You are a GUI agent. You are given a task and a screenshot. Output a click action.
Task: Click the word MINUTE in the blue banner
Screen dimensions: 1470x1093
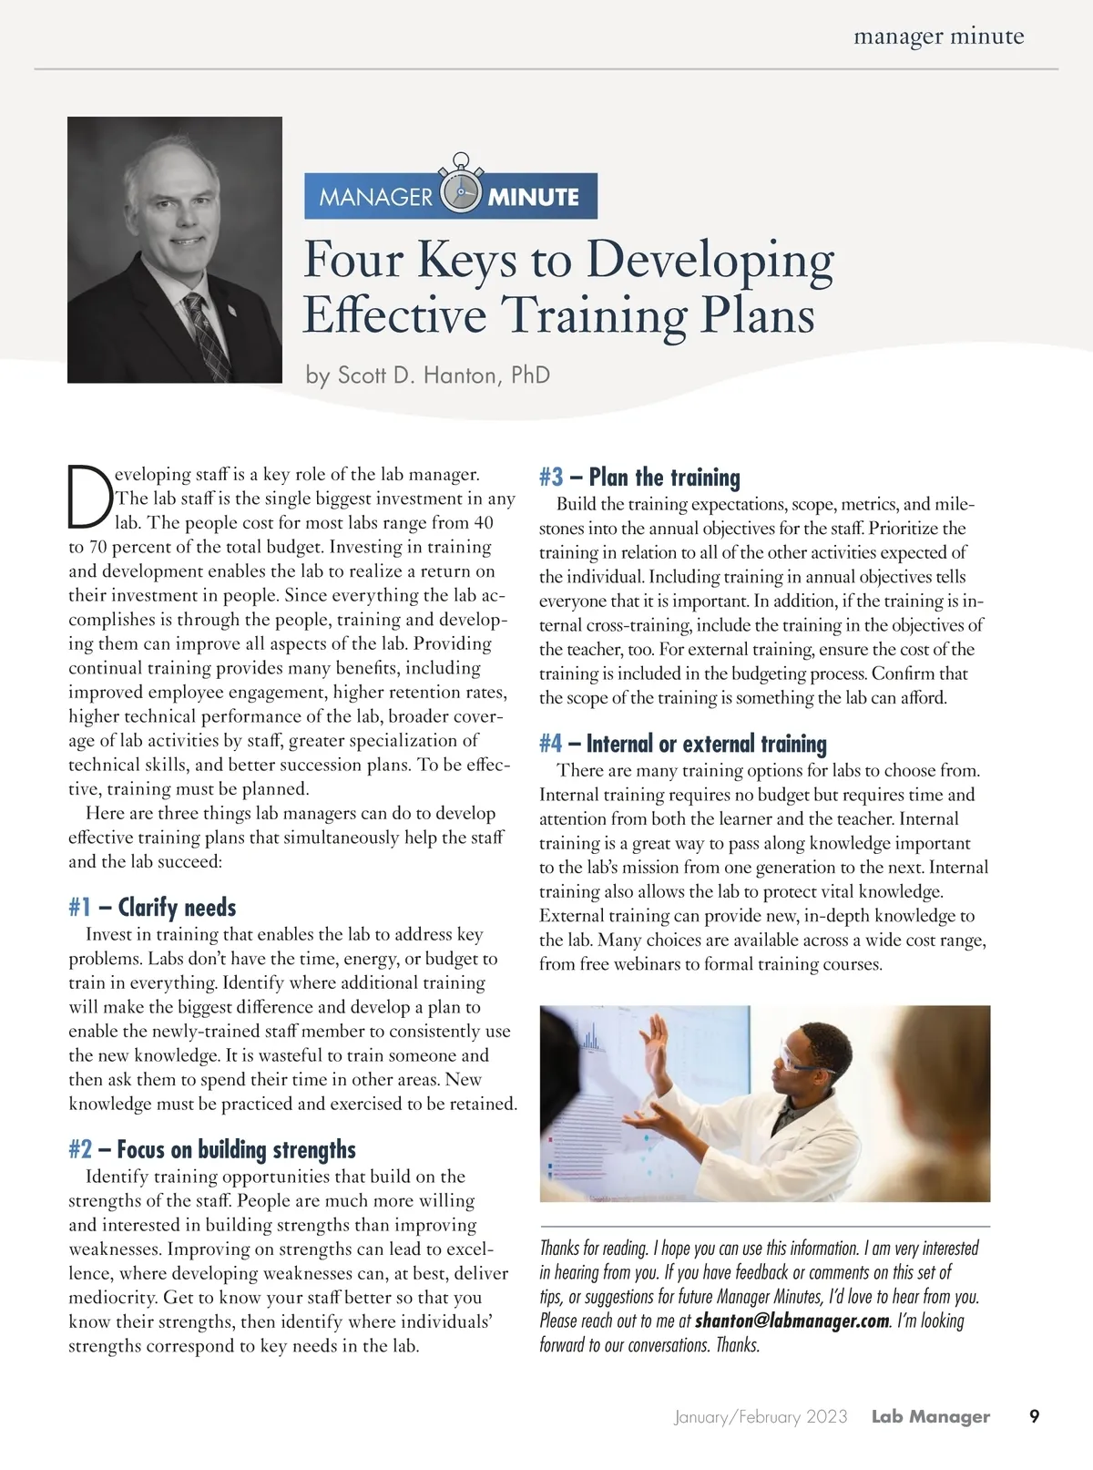[x=534, y=197]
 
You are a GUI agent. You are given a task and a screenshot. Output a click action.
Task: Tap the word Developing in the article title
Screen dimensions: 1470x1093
[x=710, y=260]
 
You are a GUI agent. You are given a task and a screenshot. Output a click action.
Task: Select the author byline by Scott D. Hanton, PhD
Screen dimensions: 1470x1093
[x=427, y=375]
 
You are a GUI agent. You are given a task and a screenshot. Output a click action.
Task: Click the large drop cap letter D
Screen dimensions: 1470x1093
[x=89, y=498]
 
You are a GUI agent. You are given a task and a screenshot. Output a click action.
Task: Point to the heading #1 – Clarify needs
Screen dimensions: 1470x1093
[x=152, y=908]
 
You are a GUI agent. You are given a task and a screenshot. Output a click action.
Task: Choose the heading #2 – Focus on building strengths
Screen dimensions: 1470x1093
[x=211, y=1150]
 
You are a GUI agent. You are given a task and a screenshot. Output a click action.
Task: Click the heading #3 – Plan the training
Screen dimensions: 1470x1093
[x=638, y=478]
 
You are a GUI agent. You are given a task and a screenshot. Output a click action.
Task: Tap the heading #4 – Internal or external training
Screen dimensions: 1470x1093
[x=682, y=744]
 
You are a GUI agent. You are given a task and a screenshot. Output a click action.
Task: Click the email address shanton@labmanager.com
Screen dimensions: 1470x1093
[x=792, y=1321]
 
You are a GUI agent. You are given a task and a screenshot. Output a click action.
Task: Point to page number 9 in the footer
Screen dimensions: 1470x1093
[x=1034, y=1417]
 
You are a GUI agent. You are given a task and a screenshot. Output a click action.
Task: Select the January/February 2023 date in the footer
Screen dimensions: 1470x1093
[x=761, y=1417]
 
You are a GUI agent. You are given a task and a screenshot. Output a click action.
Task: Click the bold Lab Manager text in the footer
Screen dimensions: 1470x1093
[x=930, y=1417]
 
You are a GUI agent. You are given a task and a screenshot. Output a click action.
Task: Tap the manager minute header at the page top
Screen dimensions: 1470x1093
[x=938, y=36]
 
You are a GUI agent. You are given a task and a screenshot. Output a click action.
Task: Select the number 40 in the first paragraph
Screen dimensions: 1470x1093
[x=483, y=523]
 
